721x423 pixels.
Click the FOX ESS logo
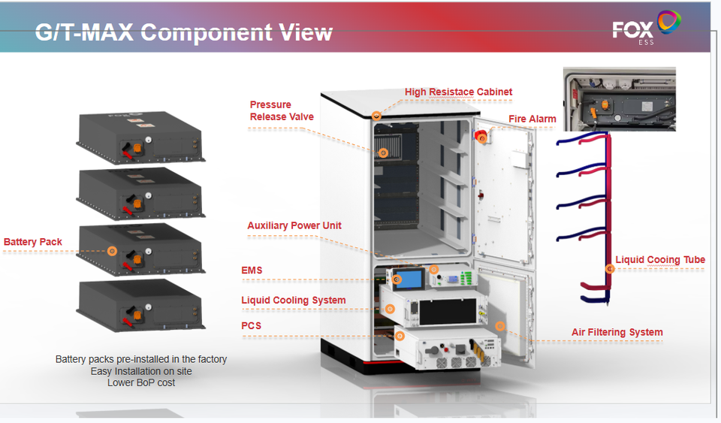point(646,28)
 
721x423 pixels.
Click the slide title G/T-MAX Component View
point(183,32)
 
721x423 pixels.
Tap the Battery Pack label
point(32,242)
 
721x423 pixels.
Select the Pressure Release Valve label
point(282,110)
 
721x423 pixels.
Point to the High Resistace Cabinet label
point(458,92)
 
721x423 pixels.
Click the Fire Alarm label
point(532,119)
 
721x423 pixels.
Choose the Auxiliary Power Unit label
point(294,225)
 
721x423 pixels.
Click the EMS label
point(252,270)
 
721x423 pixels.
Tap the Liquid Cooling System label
point(294,301)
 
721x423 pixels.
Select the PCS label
point(251,326)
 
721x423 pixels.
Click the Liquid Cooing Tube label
point(660,260)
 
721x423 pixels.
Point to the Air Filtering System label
point(617,332)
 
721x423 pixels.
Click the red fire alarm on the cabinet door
point(481,137)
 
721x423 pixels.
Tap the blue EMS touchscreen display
point(409,279)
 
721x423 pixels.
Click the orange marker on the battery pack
point(112,251)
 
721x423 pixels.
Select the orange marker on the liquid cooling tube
point(610,269)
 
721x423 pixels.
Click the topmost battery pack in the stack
point(140,137)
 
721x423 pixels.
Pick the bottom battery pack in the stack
point(140,307)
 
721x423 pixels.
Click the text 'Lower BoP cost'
point(141,383)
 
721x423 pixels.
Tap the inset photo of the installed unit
point(620,99)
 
